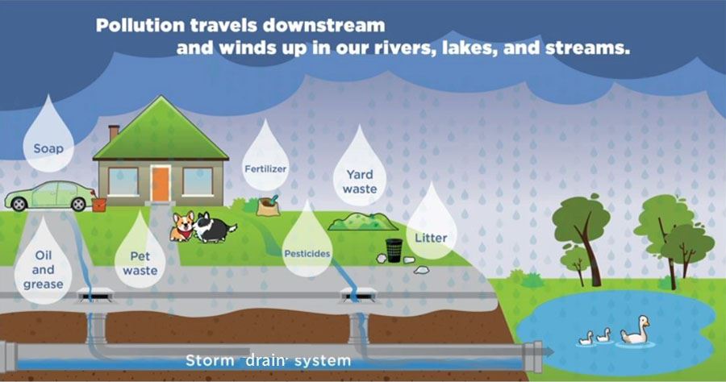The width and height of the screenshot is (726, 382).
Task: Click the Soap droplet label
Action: [x=48, y=148]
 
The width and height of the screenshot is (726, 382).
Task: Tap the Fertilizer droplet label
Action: [x=266, y=168]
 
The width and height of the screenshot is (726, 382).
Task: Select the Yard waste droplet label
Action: [x=359, y=181]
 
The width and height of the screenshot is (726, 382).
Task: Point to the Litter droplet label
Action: [x=430, y=238]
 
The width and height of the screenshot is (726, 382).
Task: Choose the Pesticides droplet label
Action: [x=307, y=253]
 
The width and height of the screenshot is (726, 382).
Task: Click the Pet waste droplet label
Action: [x=140, y=264]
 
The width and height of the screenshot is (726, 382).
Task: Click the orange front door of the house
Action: [x=160, y=183]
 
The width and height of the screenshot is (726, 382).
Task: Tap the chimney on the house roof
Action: [x=114, y=132]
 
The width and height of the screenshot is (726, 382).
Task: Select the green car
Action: [x=48, y=196]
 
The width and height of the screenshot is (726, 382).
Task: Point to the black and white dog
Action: [x=211, y=227]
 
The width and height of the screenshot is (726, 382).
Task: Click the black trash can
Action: [x=394, y=250]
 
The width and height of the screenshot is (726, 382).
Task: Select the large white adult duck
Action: [x=636, y=330]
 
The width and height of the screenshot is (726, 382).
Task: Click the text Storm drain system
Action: [x=269, y=359]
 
